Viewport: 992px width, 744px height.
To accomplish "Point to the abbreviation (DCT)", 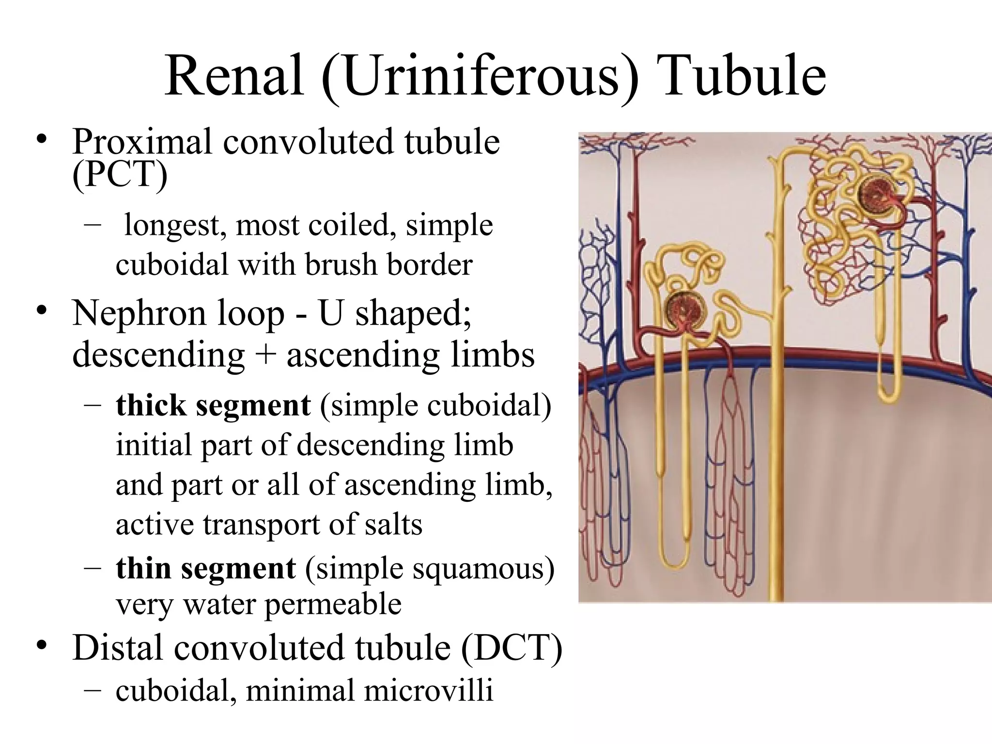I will pyautogui.click(x=511, y=648).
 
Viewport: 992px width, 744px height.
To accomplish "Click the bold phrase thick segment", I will pyautogui.click(x=213, y=405).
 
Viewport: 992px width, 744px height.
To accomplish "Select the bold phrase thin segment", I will pyautogui.click(x=205, y=568).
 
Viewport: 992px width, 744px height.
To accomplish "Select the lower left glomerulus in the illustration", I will pyautogui.click(x=685, y=310).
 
